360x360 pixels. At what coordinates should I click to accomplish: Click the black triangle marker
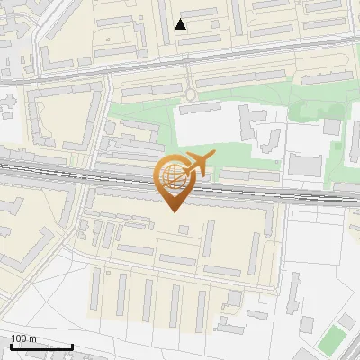(181, 24)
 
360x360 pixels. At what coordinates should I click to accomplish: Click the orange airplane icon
(199, 164)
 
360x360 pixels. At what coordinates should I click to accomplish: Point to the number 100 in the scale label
(18, 338)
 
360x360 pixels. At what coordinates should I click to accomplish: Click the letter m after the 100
(32, 338)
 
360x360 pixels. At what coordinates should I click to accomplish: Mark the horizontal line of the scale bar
(41, 346)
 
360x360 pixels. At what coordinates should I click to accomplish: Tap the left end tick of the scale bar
(11, 346)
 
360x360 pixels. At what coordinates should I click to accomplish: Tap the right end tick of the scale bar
(72, 346)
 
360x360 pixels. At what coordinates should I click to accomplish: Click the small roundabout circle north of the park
(190, 94)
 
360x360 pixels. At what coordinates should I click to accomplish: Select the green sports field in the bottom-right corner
(332, 338)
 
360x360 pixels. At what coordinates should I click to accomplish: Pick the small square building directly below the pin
(184, 230)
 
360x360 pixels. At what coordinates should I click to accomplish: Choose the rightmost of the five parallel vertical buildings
(201, 305)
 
